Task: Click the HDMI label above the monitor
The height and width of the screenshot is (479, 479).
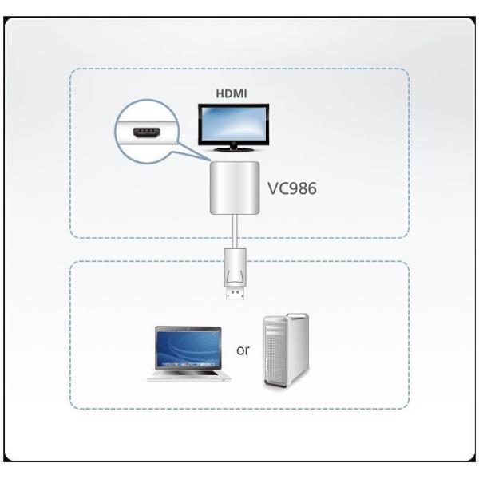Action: coord(232,93)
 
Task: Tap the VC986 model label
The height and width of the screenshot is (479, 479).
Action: coord(291,188)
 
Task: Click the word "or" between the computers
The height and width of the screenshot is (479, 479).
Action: coord(243,350)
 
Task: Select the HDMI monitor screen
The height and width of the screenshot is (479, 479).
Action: coord(233,125)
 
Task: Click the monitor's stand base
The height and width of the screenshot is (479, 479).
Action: coord(233,149)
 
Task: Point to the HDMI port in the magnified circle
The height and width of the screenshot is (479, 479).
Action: coord(147,133)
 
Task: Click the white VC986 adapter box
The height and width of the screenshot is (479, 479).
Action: coord(235,188)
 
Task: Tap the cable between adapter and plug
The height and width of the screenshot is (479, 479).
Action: coord(235,232)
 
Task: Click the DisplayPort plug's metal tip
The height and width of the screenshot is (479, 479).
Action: coord(236,293)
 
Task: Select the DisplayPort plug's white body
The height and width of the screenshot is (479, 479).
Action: coord(235,268)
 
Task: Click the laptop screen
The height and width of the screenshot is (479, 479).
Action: coord(188,348)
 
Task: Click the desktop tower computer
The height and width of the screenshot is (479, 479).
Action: coord(286,350)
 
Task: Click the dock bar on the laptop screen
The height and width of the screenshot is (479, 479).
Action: coord(188,365)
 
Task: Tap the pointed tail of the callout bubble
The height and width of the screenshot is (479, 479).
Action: coord(210,160)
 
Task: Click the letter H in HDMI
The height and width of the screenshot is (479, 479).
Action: coord(220,93)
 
